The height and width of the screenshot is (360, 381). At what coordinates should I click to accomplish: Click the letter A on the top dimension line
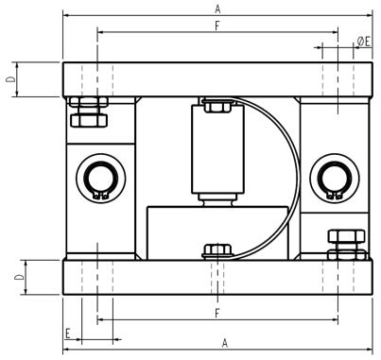pos(217,9)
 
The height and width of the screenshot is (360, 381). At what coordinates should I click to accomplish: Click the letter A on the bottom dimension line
pos(224,343)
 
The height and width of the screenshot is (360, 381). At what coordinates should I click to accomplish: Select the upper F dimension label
pos(217,26)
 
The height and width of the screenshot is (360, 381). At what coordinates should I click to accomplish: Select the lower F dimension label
pos(217,314)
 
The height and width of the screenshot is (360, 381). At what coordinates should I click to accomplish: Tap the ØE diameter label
pos(364,42)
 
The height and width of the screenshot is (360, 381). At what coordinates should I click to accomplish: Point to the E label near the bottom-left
pos(68,334)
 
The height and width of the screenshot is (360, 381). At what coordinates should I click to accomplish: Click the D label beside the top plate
pos(10,78)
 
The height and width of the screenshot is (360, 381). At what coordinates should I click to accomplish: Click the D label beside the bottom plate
pos(20,277)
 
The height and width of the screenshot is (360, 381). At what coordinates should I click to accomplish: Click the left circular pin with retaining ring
pos(101,179)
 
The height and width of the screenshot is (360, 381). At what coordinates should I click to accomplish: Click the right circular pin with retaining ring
pos(335,179)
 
